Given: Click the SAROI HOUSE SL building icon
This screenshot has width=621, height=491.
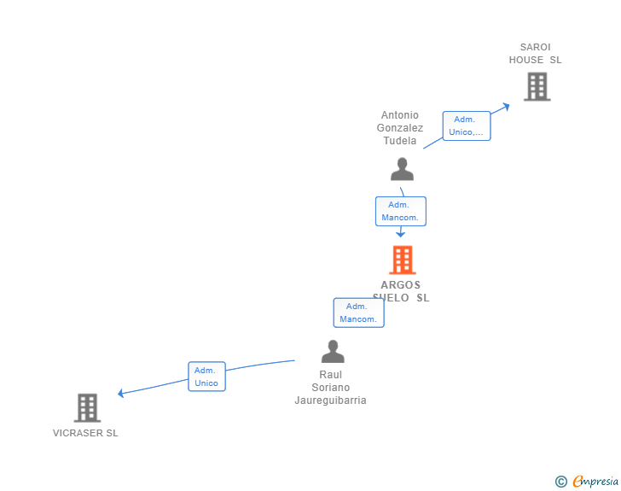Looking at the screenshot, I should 537,86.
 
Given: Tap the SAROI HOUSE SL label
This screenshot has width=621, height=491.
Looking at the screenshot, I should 536,54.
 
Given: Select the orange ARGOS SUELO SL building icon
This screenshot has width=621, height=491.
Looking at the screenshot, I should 402,260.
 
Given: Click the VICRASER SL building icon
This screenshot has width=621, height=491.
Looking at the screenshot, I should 87,408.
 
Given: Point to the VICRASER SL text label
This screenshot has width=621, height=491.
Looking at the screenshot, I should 85,433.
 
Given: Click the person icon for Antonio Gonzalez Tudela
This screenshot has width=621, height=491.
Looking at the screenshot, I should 402,169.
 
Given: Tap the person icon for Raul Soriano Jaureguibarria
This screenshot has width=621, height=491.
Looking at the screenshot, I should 333,351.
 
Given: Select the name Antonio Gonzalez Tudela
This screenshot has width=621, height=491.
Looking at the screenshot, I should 400,128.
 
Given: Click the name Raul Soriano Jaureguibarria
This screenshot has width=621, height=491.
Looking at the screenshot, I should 331,388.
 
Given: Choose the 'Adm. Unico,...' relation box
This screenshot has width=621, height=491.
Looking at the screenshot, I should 467,126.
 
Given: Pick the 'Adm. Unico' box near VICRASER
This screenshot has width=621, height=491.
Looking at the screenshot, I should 206,377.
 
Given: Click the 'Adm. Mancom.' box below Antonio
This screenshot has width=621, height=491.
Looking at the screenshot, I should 400,211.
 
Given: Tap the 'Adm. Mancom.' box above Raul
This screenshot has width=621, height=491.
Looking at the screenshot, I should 358,313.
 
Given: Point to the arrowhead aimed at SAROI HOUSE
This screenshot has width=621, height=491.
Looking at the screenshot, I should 505,106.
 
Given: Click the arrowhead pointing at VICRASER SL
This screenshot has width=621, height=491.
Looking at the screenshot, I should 122,393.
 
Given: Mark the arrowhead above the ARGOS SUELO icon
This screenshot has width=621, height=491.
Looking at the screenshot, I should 400,233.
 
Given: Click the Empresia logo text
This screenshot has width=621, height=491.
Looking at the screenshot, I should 595,482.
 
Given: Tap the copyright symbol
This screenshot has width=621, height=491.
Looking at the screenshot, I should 560,482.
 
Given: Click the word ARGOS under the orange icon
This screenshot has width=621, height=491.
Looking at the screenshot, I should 401,285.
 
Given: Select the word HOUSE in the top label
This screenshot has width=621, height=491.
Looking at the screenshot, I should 527,60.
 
